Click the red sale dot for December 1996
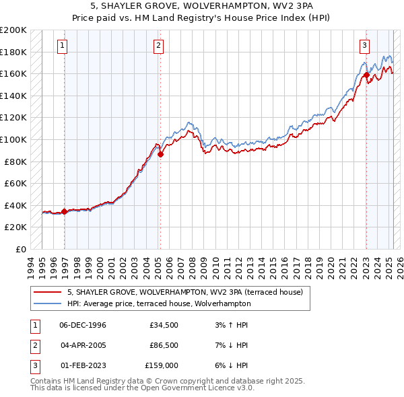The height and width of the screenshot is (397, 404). tap(65, 211)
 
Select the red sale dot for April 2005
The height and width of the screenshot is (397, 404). tap(160, 154)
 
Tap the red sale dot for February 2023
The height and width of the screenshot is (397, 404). tap(366, 75)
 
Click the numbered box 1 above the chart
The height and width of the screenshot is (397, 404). tap(62, 46)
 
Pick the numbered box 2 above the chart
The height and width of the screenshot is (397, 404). tap(158, 46)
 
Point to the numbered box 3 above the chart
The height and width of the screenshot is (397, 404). tap(364, 46)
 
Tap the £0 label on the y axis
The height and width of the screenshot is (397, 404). tap(21, 249)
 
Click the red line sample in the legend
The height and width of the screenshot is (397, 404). tap(47, 292)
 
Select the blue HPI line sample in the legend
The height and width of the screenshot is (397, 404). tap(47, 303)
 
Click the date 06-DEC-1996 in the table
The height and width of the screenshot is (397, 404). tap(83, 325)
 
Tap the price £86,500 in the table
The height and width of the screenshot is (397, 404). tap(163, 345)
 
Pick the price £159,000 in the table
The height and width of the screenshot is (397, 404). tap(162, 365)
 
